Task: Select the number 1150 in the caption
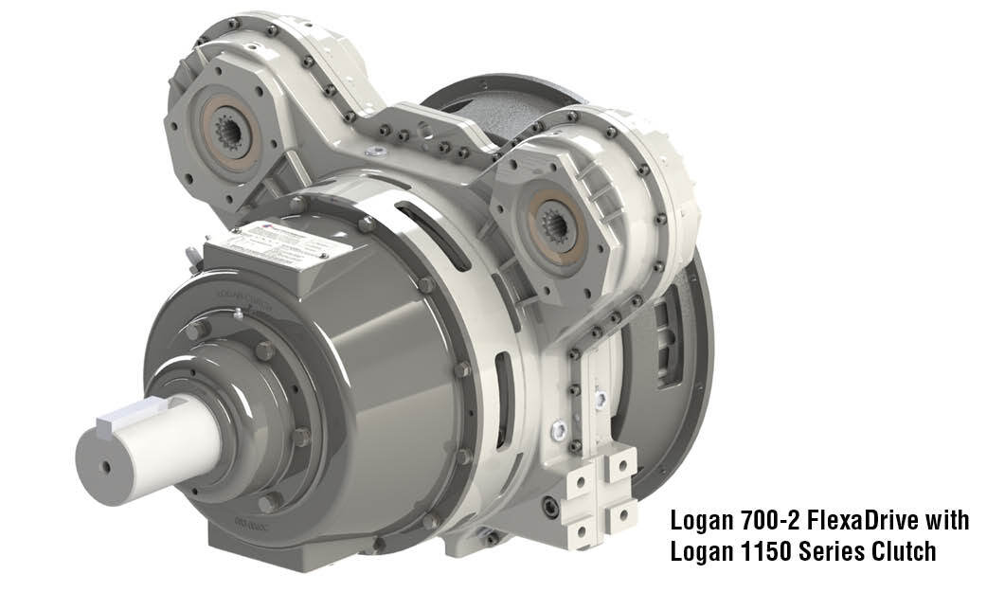point(754,550)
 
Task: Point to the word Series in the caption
point(825,550)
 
